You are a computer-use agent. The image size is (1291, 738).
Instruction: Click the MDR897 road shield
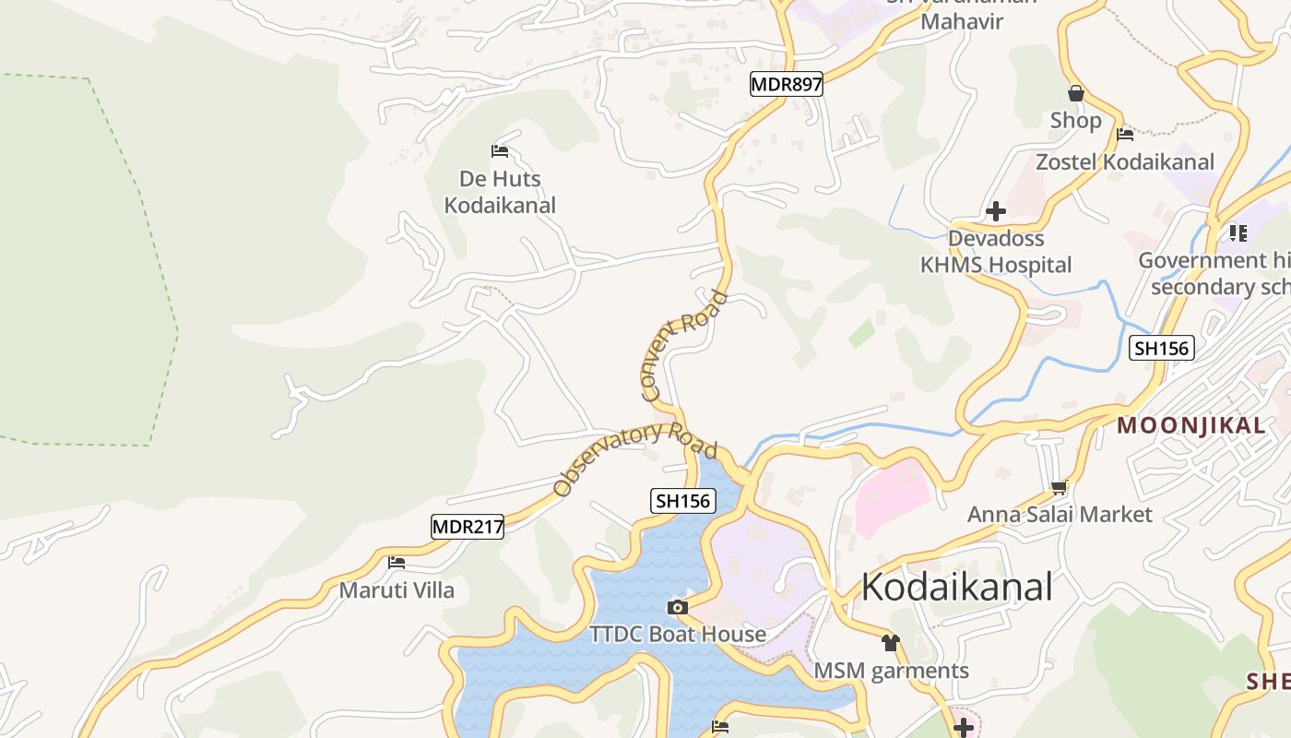[x=786, y=85]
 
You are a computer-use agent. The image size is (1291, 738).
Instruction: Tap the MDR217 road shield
[x=468, y=527]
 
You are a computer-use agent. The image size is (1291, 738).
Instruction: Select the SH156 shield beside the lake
[x=682, y=501]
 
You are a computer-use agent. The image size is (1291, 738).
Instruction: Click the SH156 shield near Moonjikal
[x=1162, y=348]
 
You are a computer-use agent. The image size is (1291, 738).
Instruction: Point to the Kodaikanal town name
[x=956, y=587]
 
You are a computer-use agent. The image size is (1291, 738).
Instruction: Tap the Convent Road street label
[x=683, y=346]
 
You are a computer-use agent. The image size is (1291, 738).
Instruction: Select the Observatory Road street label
[x=635, y=458]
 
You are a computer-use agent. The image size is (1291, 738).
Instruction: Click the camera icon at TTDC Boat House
[x=678, y=607]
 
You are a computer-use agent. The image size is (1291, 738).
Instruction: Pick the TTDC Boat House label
[x=678, y=634]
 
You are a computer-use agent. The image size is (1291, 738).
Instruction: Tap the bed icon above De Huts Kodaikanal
[x=500, y=150]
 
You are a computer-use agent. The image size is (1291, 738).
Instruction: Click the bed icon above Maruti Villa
[x=397, y=561]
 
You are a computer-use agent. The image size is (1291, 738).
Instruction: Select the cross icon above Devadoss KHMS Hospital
[x=995, y=211]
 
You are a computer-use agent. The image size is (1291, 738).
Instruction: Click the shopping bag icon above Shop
[x=1075, y=93]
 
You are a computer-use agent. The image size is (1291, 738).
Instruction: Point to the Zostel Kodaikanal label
[x=1125, y=162]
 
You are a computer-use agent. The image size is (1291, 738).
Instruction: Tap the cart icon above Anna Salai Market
[x=1059, y=486]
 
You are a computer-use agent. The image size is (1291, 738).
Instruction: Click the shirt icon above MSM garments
[x=890, y=642]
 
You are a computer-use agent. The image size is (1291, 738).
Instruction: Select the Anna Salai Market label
[x=1060, y=514]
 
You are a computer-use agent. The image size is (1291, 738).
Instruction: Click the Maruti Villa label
[x=397, y=589]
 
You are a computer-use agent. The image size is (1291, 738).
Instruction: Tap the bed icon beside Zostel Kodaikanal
[x=1125, y=135]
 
